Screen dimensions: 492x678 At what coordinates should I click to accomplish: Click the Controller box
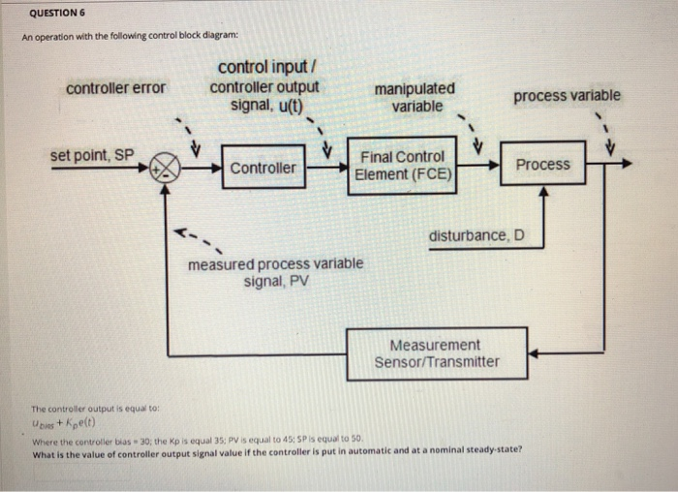pos(263,168)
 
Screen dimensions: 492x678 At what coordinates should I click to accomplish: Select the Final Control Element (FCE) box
pos(402,166)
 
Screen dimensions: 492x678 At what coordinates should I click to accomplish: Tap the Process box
pos(542,165)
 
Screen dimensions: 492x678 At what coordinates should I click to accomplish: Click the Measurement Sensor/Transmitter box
pos(437,354)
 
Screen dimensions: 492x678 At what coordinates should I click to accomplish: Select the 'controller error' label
pos(115,88)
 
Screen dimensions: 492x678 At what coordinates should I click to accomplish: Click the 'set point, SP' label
pos(93,155)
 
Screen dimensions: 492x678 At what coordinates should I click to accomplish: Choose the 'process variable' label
pos(567,95)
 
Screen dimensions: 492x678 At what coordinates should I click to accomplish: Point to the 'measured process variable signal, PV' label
pos(276,272)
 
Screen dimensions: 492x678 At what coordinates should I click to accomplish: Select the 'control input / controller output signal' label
pos(266,85)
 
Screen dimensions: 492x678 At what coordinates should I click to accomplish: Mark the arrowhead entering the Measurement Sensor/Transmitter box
pos(534,354)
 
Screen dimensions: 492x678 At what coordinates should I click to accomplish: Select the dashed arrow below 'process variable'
pos(604,135)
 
